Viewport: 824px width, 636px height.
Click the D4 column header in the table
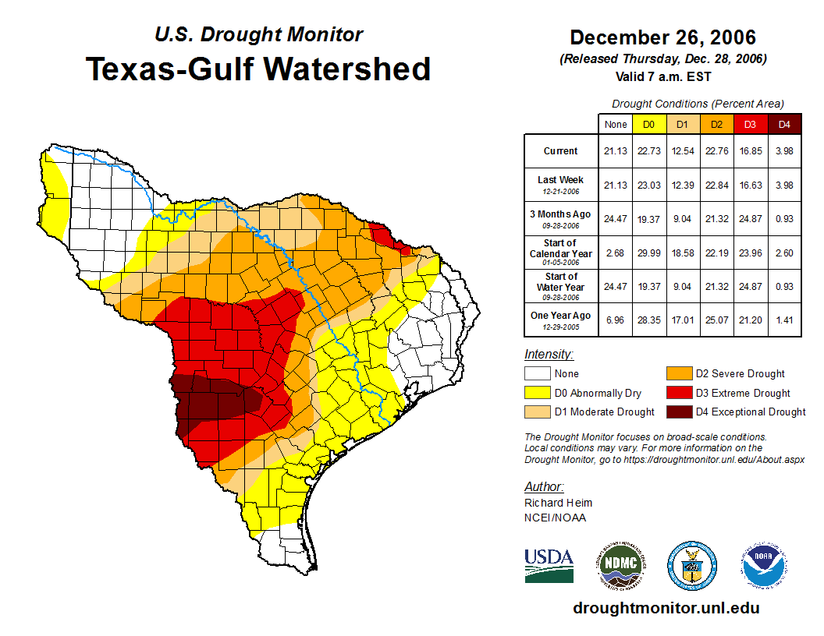click(x=784, y=124)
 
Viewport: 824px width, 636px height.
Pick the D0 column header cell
click(x=648, y=124)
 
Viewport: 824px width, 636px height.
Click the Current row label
click(x=561, y=151)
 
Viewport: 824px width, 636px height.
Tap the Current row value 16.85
click(x=751, y=151)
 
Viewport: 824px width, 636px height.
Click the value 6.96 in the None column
click(x=615, y=319)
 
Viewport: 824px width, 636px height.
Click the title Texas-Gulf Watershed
click(x=258, y=69)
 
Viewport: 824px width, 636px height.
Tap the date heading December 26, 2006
click(x=662, y=37)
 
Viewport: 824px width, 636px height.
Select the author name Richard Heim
click(x=558, y=503)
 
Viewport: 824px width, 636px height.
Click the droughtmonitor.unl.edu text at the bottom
click(x=666, y=608)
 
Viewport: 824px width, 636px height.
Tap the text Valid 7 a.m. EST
click(x=662, y=76)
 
